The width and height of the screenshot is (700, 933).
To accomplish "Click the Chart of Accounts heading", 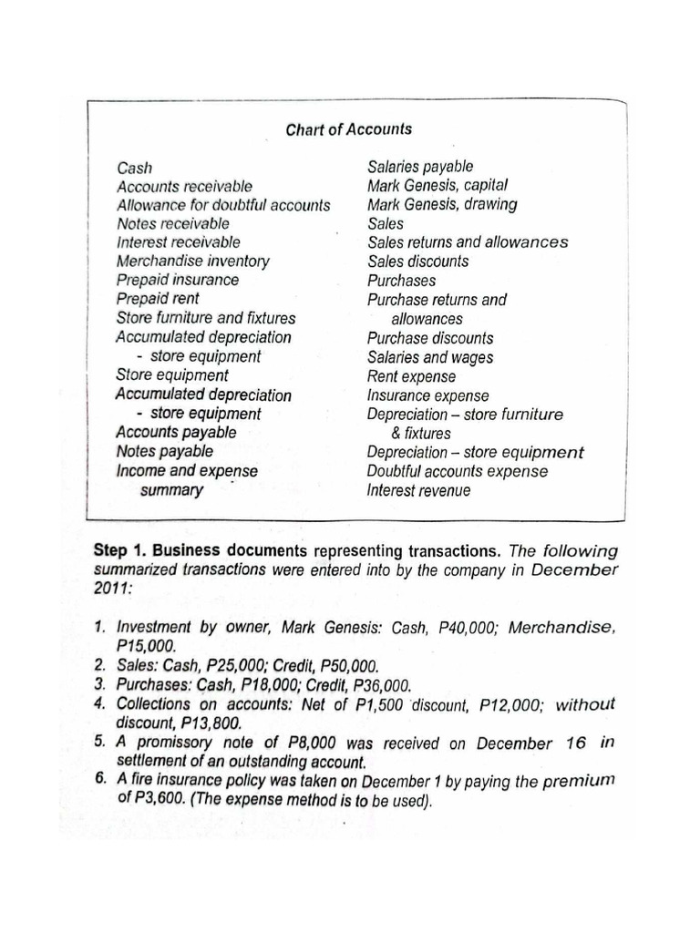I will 348,129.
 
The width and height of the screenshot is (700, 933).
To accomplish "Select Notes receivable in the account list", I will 172,223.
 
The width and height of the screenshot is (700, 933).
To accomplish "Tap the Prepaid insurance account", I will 178,280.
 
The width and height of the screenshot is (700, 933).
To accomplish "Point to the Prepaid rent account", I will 158,299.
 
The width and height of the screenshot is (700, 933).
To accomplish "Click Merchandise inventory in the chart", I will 192,261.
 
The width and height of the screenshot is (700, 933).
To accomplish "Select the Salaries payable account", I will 420,167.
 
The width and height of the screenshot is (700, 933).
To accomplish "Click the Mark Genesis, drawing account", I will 442,204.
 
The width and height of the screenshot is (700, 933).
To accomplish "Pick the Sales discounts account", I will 418,261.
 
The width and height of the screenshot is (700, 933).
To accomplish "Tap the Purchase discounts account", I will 430,338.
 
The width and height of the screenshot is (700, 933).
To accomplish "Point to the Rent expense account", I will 411,376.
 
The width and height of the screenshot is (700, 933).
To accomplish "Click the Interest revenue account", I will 418,490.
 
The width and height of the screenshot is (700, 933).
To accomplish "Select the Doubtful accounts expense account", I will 458,471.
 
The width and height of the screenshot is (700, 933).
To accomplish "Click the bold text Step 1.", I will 120,550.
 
